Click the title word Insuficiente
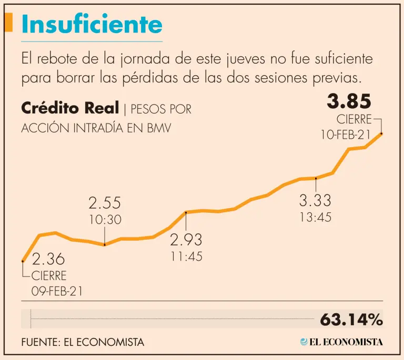pos(92,24)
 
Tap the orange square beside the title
pos(8,22)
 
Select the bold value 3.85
pos(349,101)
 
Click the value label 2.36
pos(48,259)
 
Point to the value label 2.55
pos(104,203)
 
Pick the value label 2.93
pos(186,240)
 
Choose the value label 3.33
pos(315,200)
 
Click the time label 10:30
pos(105,220)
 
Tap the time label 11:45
pos(186,257)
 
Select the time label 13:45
pos(315,217)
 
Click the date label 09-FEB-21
pos(57,292)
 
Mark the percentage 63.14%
pos(351,319)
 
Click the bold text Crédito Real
pos(70,109)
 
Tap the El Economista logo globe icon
pos(304,342)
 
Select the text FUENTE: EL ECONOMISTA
pos(83,342)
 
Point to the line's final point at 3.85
pos(381,133)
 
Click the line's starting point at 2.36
pos(23,261)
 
